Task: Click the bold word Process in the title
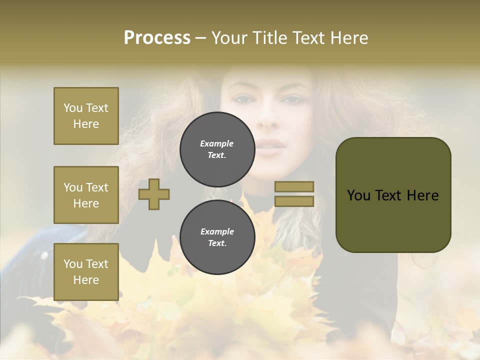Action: click(157, 38)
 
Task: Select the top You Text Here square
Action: click(86, 116)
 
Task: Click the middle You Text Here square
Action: click(86, 195)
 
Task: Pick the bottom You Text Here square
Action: click(86, 272)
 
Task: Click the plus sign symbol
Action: click(154, 194)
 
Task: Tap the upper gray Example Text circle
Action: click(217, 149)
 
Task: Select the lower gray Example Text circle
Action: click(217, 237)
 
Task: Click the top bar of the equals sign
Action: click(294, 186)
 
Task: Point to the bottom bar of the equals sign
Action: click(294, 201)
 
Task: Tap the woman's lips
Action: click(270, 146)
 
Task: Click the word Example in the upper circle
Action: click(216, 143)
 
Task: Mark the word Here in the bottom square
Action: click(86, 280)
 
